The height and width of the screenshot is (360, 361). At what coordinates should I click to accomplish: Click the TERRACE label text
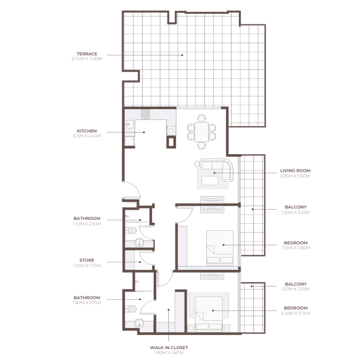click(87, 54)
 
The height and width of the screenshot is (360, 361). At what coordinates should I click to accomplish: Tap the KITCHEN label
click(87, 131)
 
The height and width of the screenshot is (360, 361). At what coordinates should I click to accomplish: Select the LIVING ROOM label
click(295, 170)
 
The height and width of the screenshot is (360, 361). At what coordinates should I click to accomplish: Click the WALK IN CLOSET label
click(169, 348)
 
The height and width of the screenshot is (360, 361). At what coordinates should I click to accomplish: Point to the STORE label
click(87, 260)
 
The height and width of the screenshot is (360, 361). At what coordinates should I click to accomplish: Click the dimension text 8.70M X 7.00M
click(87, 59)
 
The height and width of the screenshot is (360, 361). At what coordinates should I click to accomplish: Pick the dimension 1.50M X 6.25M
click(295, 212)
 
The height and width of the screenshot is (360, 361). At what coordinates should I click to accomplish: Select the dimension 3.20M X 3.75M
click(295, 313)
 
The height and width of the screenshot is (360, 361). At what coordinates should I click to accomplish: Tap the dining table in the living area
click(201, 132)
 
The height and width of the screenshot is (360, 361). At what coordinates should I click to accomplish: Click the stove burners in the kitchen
click(145, 114)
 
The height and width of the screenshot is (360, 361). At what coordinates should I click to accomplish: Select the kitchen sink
click(129, 125)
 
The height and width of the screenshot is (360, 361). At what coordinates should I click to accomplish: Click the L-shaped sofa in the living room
click(217, 169)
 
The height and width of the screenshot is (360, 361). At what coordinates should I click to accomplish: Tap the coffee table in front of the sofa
click(210, 181)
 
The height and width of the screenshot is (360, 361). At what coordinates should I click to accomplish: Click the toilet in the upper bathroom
click(131, 230)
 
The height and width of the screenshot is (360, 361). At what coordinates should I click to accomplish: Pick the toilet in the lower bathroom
click(131, 308)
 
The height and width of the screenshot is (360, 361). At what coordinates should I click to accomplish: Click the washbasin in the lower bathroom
click(140, 323)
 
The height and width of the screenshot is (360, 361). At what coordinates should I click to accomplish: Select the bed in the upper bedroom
click(220, 247)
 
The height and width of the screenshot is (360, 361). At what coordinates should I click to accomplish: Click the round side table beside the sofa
click(197, 164)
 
